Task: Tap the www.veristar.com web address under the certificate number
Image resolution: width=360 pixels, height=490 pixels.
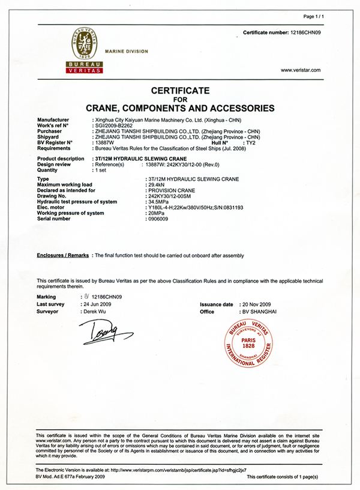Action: pos(301,70)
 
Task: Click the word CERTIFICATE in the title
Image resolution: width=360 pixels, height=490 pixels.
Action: pos(180,91)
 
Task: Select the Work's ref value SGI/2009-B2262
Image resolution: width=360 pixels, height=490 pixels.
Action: pos(113,126)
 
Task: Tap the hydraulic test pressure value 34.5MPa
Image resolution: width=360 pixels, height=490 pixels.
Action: pos(157,202)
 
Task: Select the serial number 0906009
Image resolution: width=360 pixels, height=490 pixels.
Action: pos(157,220)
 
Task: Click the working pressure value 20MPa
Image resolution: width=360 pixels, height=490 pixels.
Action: pos(154,214)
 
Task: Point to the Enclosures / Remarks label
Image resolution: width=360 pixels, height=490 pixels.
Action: pos(64,256)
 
